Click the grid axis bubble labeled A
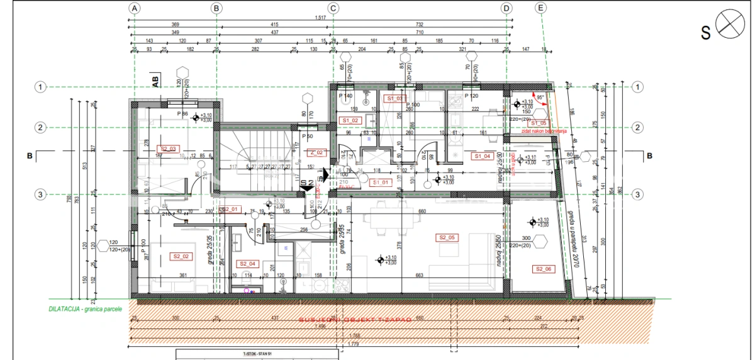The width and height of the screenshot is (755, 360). point(135,8)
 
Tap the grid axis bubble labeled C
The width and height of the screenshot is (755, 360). point(333,8)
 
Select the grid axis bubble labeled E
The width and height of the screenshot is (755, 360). point(540,8)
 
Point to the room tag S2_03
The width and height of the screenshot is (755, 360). point(170,149)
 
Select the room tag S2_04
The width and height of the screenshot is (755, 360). point(247,264)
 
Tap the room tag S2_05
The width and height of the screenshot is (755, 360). point(447,237)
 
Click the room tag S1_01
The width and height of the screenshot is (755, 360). point(381,183)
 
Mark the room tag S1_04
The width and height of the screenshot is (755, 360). point(483,156)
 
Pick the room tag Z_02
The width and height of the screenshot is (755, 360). point(316,152)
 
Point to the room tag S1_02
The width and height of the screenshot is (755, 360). point(350,120)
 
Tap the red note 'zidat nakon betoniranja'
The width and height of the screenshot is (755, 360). point(545,131)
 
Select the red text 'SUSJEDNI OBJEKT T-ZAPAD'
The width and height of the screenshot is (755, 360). point(354,320)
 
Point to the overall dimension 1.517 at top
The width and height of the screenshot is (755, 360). point(320,18)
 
